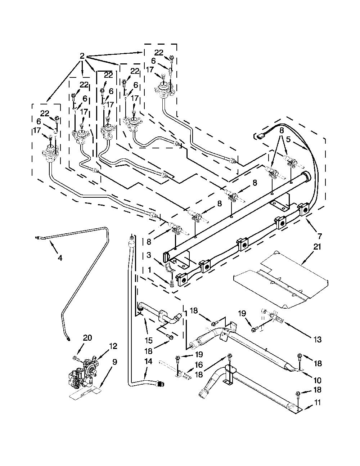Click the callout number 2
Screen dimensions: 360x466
pos(82,56)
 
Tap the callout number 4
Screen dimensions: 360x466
pos(60,258)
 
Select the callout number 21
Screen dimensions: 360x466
pos(317,247)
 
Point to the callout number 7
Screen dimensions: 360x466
pos(320,236)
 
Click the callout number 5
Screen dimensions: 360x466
pos(288,140)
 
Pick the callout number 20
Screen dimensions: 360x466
pos(87,338)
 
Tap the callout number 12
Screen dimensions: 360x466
pos(113,346)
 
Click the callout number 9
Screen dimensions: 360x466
pos(114,362)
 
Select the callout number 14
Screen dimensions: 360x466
pos(148,361)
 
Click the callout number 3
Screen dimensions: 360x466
pos(149,255)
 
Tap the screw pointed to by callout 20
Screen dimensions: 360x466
pos(76,358)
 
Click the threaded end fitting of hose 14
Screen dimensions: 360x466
pos(161,384)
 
